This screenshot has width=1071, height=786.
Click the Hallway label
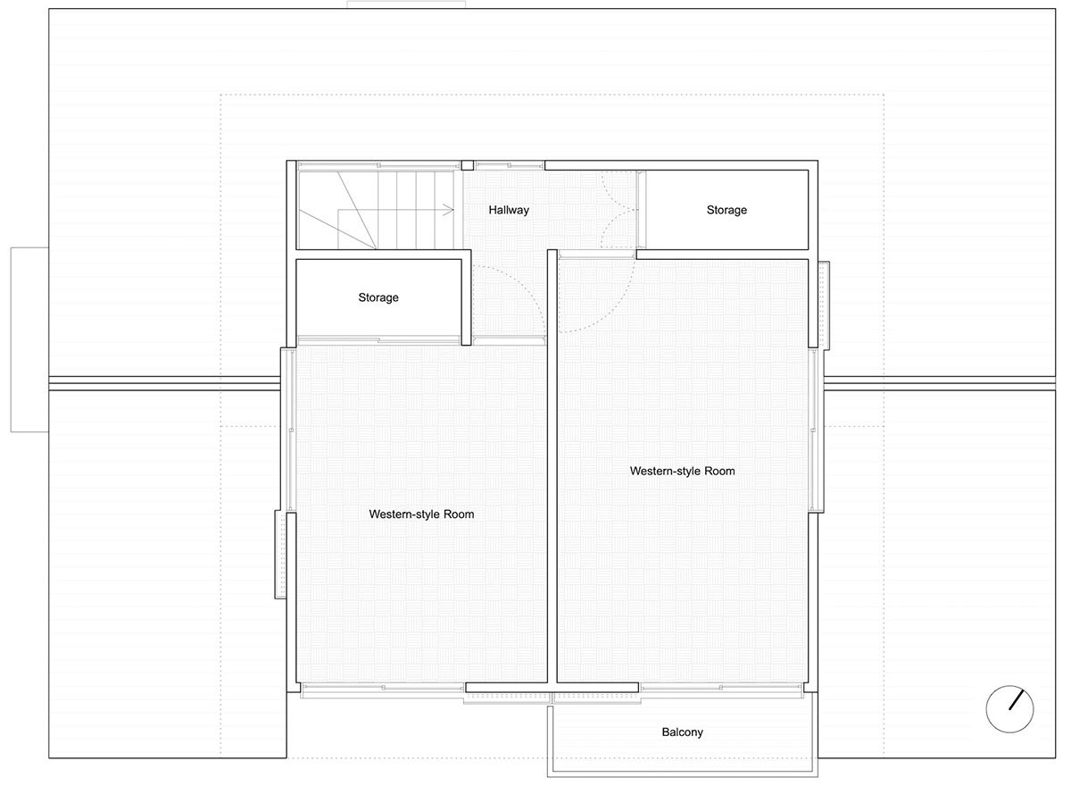point(509,211)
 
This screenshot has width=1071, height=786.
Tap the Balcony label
point(682,732)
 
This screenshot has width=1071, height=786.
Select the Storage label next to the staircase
point(378,297)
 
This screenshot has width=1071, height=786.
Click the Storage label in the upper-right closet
point(726,211)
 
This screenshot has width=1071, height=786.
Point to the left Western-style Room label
point(421,514)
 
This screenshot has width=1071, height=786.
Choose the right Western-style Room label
point(682,471)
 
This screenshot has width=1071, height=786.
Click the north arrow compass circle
point(1010,709)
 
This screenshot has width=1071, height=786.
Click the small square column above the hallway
point(467,165)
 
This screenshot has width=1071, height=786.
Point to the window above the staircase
point(378,165)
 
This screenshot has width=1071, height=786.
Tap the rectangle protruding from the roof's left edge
point(29,339)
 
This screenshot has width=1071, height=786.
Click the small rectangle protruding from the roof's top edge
point(406,5)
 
